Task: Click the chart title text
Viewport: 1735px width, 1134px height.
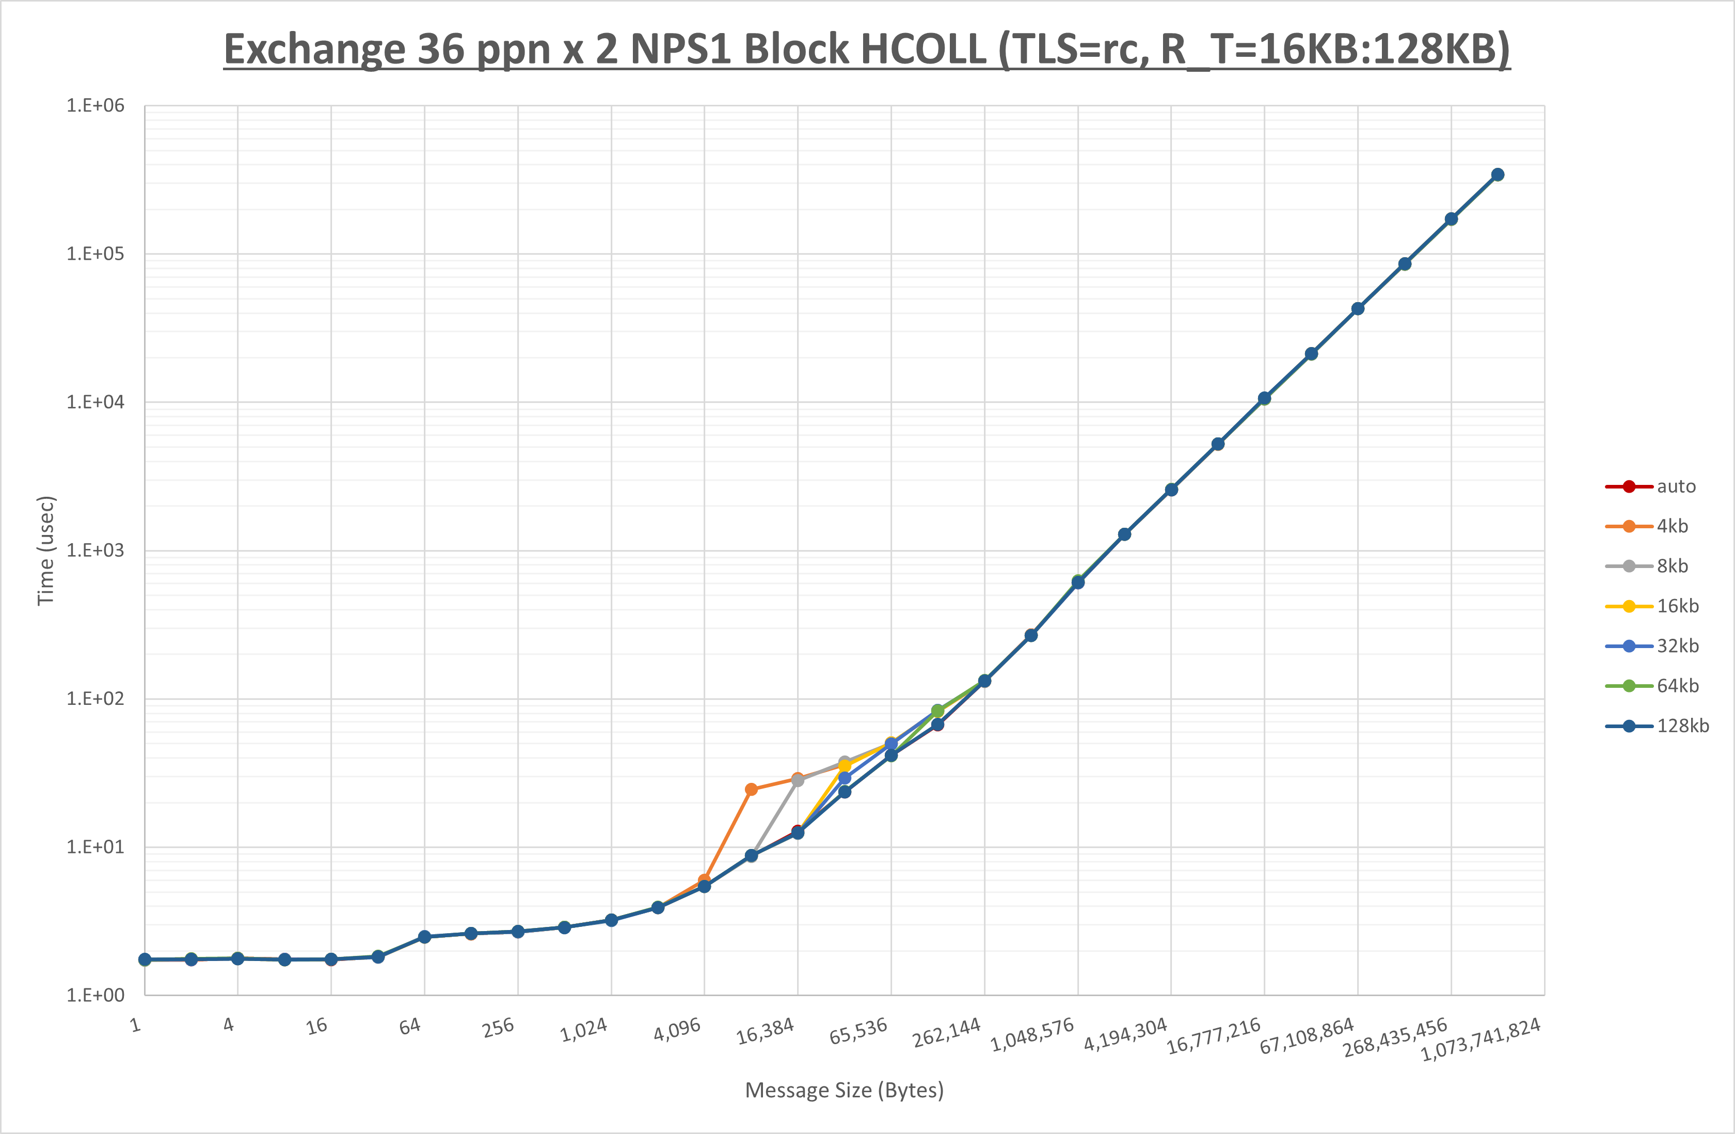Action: point(867,50)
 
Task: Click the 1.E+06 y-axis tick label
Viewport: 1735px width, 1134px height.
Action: point(95,106)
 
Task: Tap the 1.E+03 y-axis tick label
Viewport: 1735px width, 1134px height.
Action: point(95,550)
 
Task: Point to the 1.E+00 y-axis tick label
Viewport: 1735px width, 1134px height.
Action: point(95,996)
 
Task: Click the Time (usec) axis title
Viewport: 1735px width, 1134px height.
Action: point(46,550)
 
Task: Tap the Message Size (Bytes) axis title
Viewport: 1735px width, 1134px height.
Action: point(844,1090)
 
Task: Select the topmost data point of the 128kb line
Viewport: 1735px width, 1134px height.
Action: point(1498,175)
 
